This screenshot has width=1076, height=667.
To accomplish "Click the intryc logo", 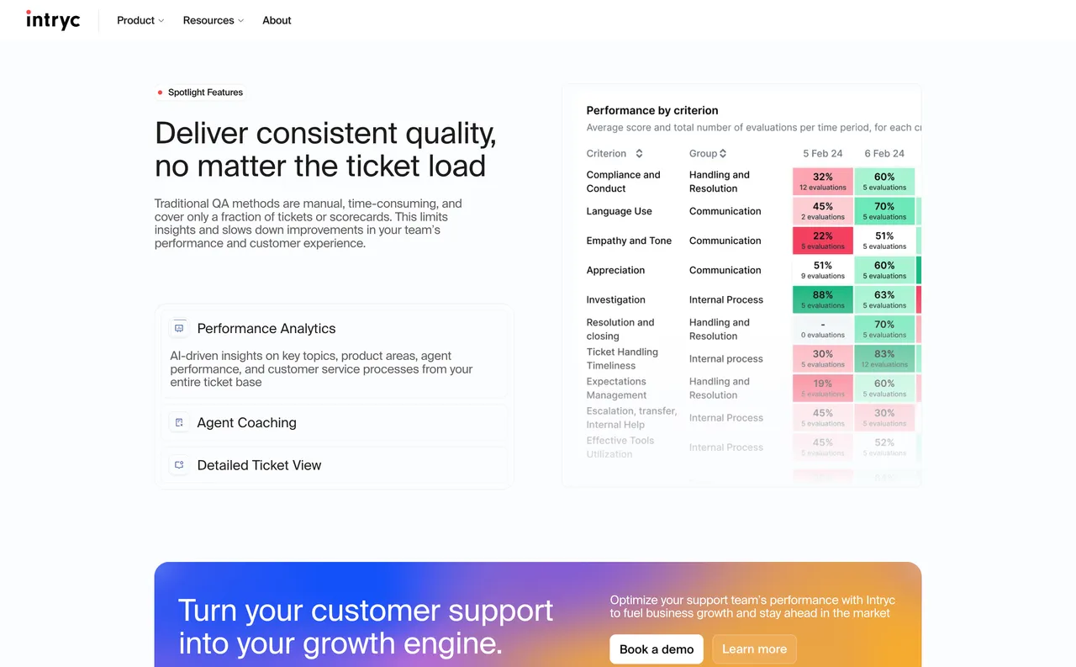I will (53, 19).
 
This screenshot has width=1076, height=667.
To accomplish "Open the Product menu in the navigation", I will (140, 20).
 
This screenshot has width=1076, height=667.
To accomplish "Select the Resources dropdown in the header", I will (213, 20).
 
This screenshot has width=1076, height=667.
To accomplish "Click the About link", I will (277, 20).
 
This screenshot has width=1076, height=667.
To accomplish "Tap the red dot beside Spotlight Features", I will (160, 93).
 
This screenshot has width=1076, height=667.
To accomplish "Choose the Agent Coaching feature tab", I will (246, 423).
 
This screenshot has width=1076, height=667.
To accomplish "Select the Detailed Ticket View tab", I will (259, 465).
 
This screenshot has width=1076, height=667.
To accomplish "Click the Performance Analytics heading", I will (266, 329).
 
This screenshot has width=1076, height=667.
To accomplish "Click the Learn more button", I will (754, 649).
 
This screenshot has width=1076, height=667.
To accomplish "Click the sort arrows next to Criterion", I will (639, 154).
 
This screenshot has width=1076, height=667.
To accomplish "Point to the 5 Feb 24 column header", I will (822, 154).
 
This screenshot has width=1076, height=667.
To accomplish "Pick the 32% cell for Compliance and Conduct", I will (822, 182).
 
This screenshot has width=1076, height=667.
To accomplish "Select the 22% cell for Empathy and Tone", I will (822, 241).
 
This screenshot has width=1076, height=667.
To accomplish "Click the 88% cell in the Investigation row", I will (822, 299).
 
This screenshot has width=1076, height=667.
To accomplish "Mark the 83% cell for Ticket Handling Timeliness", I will (883, 358).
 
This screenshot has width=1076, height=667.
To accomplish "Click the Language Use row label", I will (619, 211).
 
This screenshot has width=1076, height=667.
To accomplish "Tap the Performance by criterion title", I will (651, 110).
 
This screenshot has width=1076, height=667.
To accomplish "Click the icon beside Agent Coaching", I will (179, 422).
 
